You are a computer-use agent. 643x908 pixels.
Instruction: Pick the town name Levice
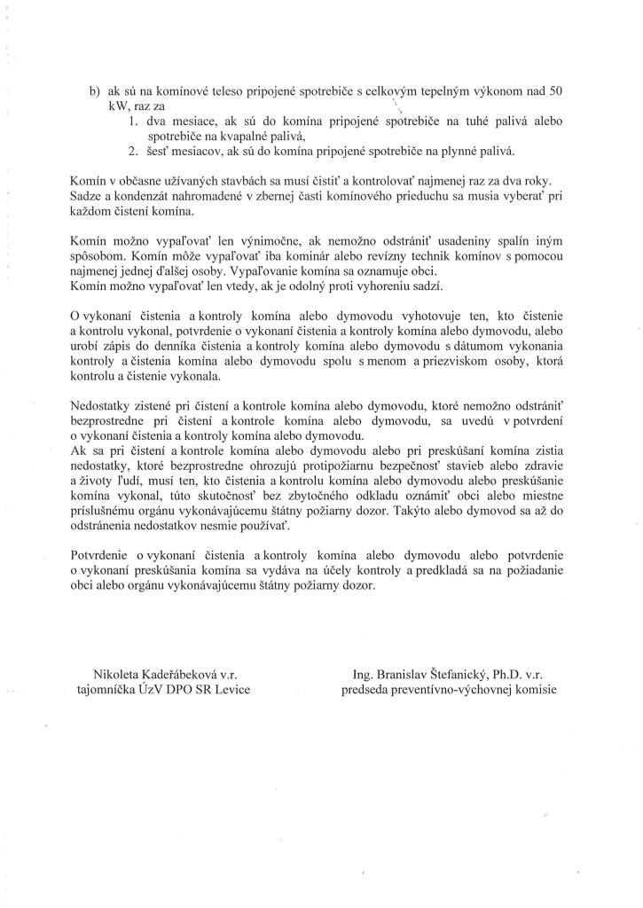click(228, 690)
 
